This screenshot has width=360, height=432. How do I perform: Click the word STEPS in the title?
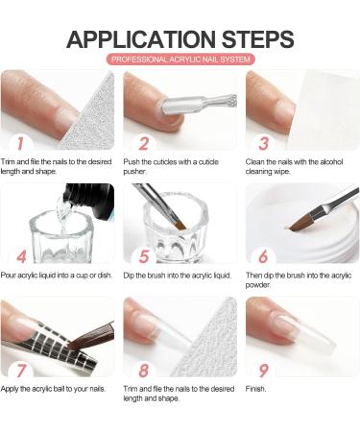click(x=258, y=39)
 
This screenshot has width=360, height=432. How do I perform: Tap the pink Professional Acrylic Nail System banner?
click(x=180, y=60)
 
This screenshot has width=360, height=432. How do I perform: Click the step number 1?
click(x=20, y=144)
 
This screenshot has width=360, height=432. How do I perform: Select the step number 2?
click(x=144, y=144)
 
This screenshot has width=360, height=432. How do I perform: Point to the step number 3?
click(x=264, y=144)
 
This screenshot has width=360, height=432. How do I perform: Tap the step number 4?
click(x=22, y=256)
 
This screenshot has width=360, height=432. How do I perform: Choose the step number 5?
click(x=144, y=256)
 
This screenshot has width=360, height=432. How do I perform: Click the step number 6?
click(x=263, y=256)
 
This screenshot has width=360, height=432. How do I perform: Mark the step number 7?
click(x=21, y=371)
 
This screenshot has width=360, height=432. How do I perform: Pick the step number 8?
click(x=144, y=371)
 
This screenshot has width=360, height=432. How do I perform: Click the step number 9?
click(x=263, y=371)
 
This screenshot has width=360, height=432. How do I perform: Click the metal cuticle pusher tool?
click(x=199, y=104)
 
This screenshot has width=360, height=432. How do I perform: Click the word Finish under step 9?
click(x=255, y=389)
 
